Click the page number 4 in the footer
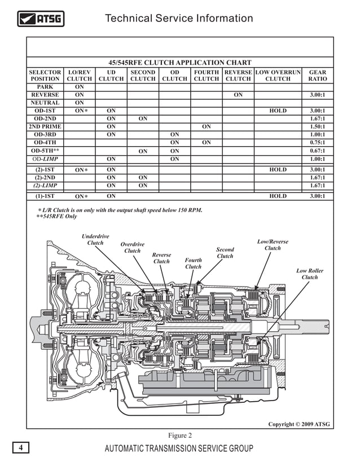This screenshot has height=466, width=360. click(x=20, y=448)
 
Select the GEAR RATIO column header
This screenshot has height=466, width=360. click(x=318, y=76)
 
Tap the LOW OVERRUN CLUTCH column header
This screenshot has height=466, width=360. click(x=278, y=76)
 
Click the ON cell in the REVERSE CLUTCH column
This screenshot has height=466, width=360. click(x=238, y=95)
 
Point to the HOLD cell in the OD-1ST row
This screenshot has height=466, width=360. click(x=278, y=111)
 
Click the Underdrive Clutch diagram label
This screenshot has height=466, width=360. click(x=95, y=239)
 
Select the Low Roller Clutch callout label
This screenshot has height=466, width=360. click(x=310, y=274)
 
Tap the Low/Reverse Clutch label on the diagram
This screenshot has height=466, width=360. click(x=273, y=245)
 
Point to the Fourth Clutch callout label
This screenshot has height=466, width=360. click(x=193, y=263)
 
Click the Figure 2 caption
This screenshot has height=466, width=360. click(x=180, y=435)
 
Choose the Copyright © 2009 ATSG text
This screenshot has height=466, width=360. click(x=298, y=424)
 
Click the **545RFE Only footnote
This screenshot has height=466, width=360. click(x=56, y=217)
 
